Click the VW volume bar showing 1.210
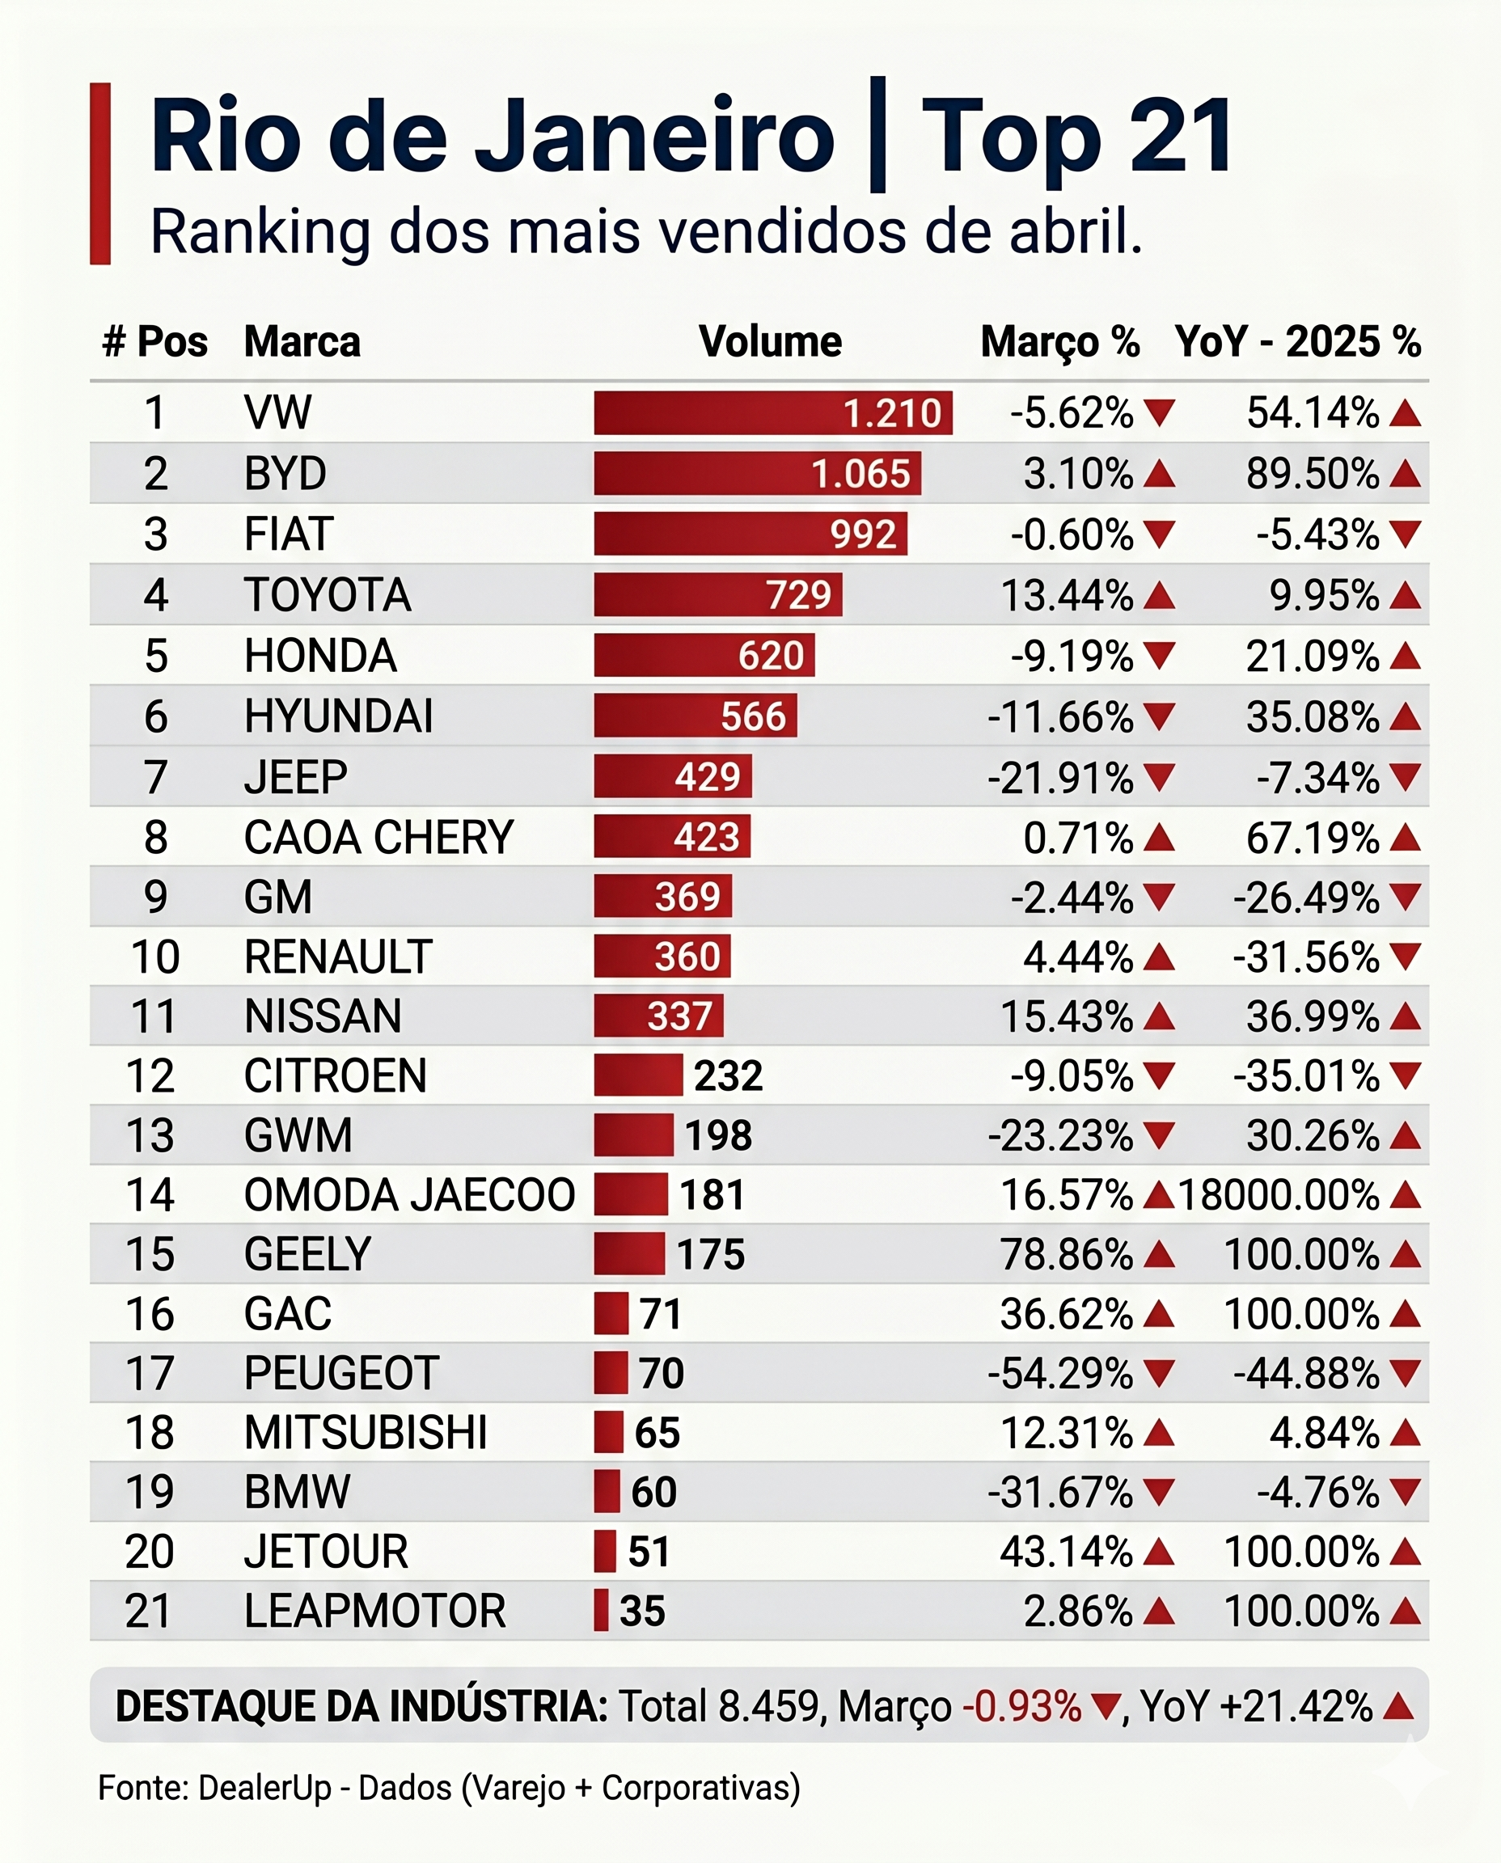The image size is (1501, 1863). [773, 412]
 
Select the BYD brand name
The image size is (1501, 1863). [285, 474]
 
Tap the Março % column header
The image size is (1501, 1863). [1060, 342]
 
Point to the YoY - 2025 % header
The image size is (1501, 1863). [1298, 341]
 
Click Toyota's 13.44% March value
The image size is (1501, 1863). [1066, 596]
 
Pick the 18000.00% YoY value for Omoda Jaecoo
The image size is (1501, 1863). [1279, 1196]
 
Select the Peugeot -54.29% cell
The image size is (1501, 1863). [1060, 1374]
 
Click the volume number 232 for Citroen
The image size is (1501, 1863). [728, 1076]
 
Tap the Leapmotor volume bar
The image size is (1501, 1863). [601, 1612]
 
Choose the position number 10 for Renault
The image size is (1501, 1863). [155, 958]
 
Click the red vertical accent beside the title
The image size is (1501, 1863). [100, 173]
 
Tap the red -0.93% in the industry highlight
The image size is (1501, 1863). [1022, 1708]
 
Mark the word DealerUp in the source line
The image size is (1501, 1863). [264, 1788]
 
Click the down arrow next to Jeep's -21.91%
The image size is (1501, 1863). [1159, 777]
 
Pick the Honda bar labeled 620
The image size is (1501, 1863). [704, 655]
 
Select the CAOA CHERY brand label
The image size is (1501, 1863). [378, 838]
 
